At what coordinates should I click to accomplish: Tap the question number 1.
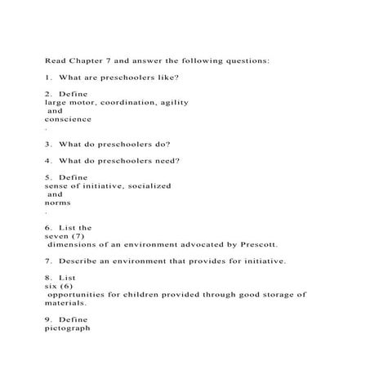(x=47, y=77)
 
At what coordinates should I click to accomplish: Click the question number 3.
(x=47, y=144)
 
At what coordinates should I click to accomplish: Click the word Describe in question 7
(x=80, y=261)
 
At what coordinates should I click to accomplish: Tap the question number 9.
(x=47, y=319)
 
